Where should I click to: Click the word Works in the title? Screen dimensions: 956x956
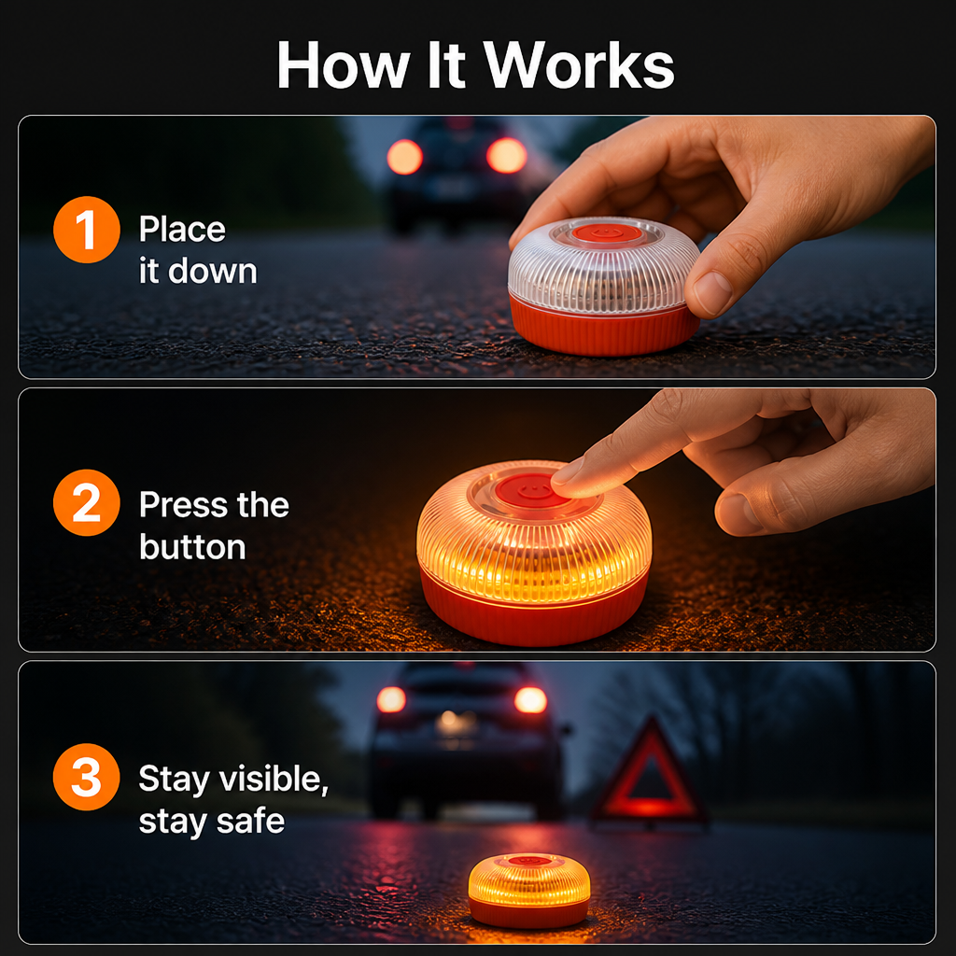(x=579, y=65)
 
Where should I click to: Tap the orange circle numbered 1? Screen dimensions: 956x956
(x=87, y=230)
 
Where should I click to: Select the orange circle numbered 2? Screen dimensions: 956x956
(x=87, y=503)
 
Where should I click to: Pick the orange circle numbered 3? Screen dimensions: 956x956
(x=87, y=777)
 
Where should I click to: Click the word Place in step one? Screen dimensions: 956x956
(x=182, y=230)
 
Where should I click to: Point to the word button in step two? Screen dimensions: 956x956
(x=192, y=546)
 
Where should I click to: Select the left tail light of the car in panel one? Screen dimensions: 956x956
(x=404, y=157)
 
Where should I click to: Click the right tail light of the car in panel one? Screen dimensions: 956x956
(x=507, y=156)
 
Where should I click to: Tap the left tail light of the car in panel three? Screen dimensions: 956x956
(x=391, y=699)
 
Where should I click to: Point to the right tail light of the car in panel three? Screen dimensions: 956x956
(x=530, y=700)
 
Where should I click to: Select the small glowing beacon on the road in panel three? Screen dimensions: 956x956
(x=529, y=890)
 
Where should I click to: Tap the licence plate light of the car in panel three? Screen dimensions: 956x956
(x=456, y=724)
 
